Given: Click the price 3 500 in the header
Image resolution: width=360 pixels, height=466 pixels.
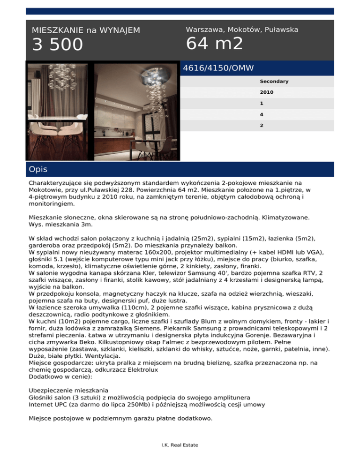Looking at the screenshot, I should (x=57, y=45).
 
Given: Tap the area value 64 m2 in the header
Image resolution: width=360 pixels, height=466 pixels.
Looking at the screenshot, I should (x=215, y=44).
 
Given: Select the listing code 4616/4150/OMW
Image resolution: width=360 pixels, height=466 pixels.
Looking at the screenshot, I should (x=218, y=68).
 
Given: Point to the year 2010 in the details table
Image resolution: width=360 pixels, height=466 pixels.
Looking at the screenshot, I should (x=266, y=92).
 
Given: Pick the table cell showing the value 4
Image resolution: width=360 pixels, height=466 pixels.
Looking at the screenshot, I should (x=262, y=114).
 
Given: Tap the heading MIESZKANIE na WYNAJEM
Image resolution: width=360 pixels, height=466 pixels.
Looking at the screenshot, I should (x=86, y=30).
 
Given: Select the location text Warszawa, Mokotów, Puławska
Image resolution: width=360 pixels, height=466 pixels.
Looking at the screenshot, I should (x=242, y=30).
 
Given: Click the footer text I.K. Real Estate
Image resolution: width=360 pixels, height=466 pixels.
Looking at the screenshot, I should (x=180, y=445).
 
